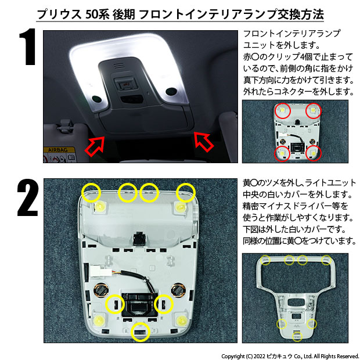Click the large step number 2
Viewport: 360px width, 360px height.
27,197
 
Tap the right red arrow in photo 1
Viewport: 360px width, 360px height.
203,141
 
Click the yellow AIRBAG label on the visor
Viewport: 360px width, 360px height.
58,150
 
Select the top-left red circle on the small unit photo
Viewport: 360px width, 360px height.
282,110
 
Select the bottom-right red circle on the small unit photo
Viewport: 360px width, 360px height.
314,153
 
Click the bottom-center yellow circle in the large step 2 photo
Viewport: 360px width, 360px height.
141,332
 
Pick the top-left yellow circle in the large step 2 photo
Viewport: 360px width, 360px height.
91,193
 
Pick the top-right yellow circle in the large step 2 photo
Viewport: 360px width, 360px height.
186,193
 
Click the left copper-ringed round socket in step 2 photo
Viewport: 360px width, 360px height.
101,290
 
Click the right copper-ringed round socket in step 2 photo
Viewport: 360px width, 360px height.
179,290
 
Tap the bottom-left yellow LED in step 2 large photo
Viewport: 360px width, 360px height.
99,320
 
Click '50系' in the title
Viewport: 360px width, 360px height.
97,15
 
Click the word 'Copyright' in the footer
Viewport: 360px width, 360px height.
233,357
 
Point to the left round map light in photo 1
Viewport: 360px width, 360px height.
96,99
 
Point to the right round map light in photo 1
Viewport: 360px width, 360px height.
171,91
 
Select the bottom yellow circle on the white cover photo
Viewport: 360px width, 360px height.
297,337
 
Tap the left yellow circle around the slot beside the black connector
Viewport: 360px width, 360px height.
115,304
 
